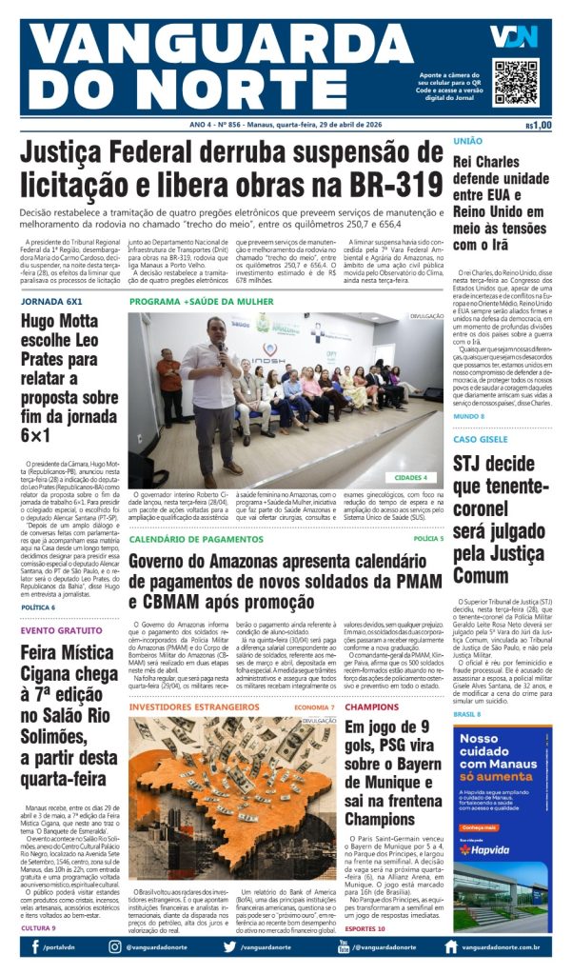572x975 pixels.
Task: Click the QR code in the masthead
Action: point(516,82)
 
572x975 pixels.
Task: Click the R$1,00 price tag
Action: point(538,125)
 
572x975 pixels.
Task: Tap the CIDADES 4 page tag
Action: point(411,477)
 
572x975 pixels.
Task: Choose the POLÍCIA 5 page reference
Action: point(428,539)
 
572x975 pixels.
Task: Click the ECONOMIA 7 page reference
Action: point(314,707)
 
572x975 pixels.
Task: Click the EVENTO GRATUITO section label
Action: point(62,630)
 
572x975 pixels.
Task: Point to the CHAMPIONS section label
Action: point(372,707)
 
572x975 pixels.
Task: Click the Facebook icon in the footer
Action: point(35,946)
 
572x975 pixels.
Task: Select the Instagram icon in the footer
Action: point(115,946)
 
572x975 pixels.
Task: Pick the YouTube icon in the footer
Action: point(344,946)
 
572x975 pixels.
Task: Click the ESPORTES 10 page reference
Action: point(365,927)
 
